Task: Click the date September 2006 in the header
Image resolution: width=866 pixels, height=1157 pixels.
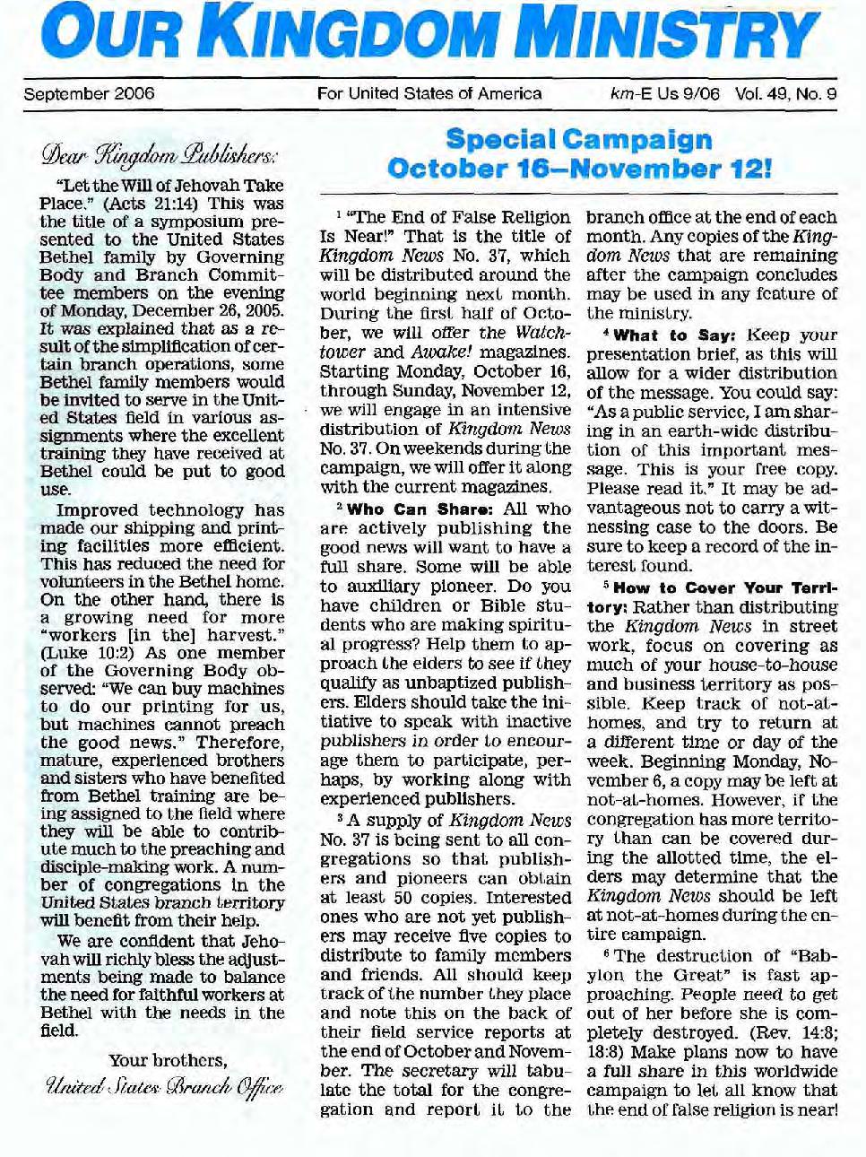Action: coord(89,93)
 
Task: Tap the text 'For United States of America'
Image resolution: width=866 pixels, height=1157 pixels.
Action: coord(429,93)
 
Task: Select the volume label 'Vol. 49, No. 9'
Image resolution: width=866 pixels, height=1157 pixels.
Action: coord(785,93)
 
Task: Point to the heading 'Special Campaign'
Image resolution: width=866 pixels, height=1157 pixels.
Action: coord(578,140)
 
